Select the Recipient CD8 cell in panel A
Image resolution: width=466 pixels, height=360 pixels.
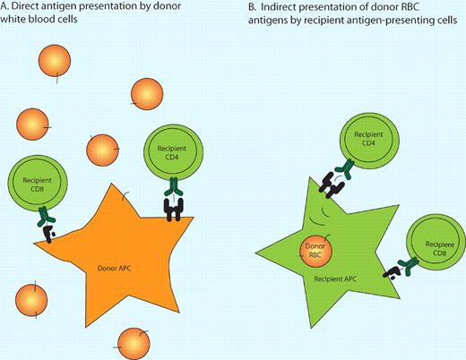click(x=33, y=185)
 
